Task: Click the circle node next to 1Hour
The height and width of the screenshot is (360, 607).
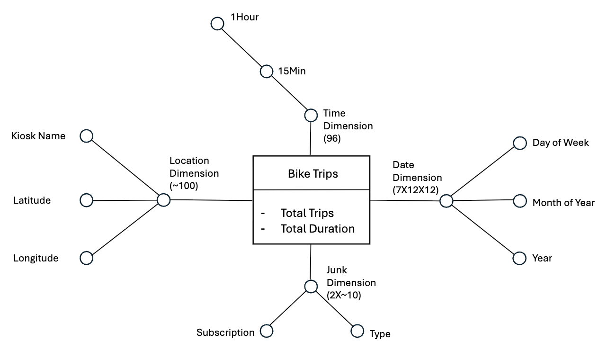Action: pos(217,24)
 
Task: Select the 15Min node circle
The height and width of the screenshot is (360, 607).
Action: pos(267,72)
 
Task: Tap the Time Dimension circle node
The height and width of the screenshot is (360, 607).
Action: pos(311,115)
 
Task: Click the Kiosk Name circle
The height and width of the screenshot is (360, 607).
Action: pos(86,136)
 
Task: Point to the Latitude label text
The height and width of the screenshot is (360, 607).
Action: pos(32,200)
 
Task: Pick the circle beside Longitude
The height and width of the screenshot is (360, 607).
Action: pos(86,258)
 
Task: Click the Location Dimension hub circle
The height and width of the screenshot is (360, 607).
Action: pos(163,200)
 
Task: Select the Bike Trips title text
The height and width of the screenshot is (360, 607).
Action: pos(313,174)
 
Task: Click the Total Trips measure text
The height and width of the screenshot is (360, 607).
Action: pos(307,213)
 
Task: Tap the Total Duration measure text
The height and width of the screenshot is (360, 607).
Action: pos(317,228)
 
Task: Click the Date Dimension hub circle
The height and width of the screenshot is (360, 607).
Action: pos(446,201)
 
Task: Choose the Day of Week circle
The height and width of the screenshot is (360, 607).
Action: pos(520,143)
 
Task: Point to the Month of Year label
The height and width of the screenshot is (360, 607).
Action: pos(563,203)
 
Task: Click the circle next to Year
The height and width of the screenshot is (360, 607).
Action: pos(520,258)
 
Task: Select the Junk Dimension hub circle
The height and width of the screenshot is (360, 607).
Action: pos(311,286)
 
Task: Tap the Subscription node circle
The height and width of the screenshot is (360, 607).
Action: pos(267,331)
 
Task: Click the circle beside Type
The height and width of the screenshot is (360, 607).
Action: pos(357,331)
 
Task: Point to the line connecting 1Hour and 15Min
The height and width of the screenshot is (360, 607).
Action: pos(242,47)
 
